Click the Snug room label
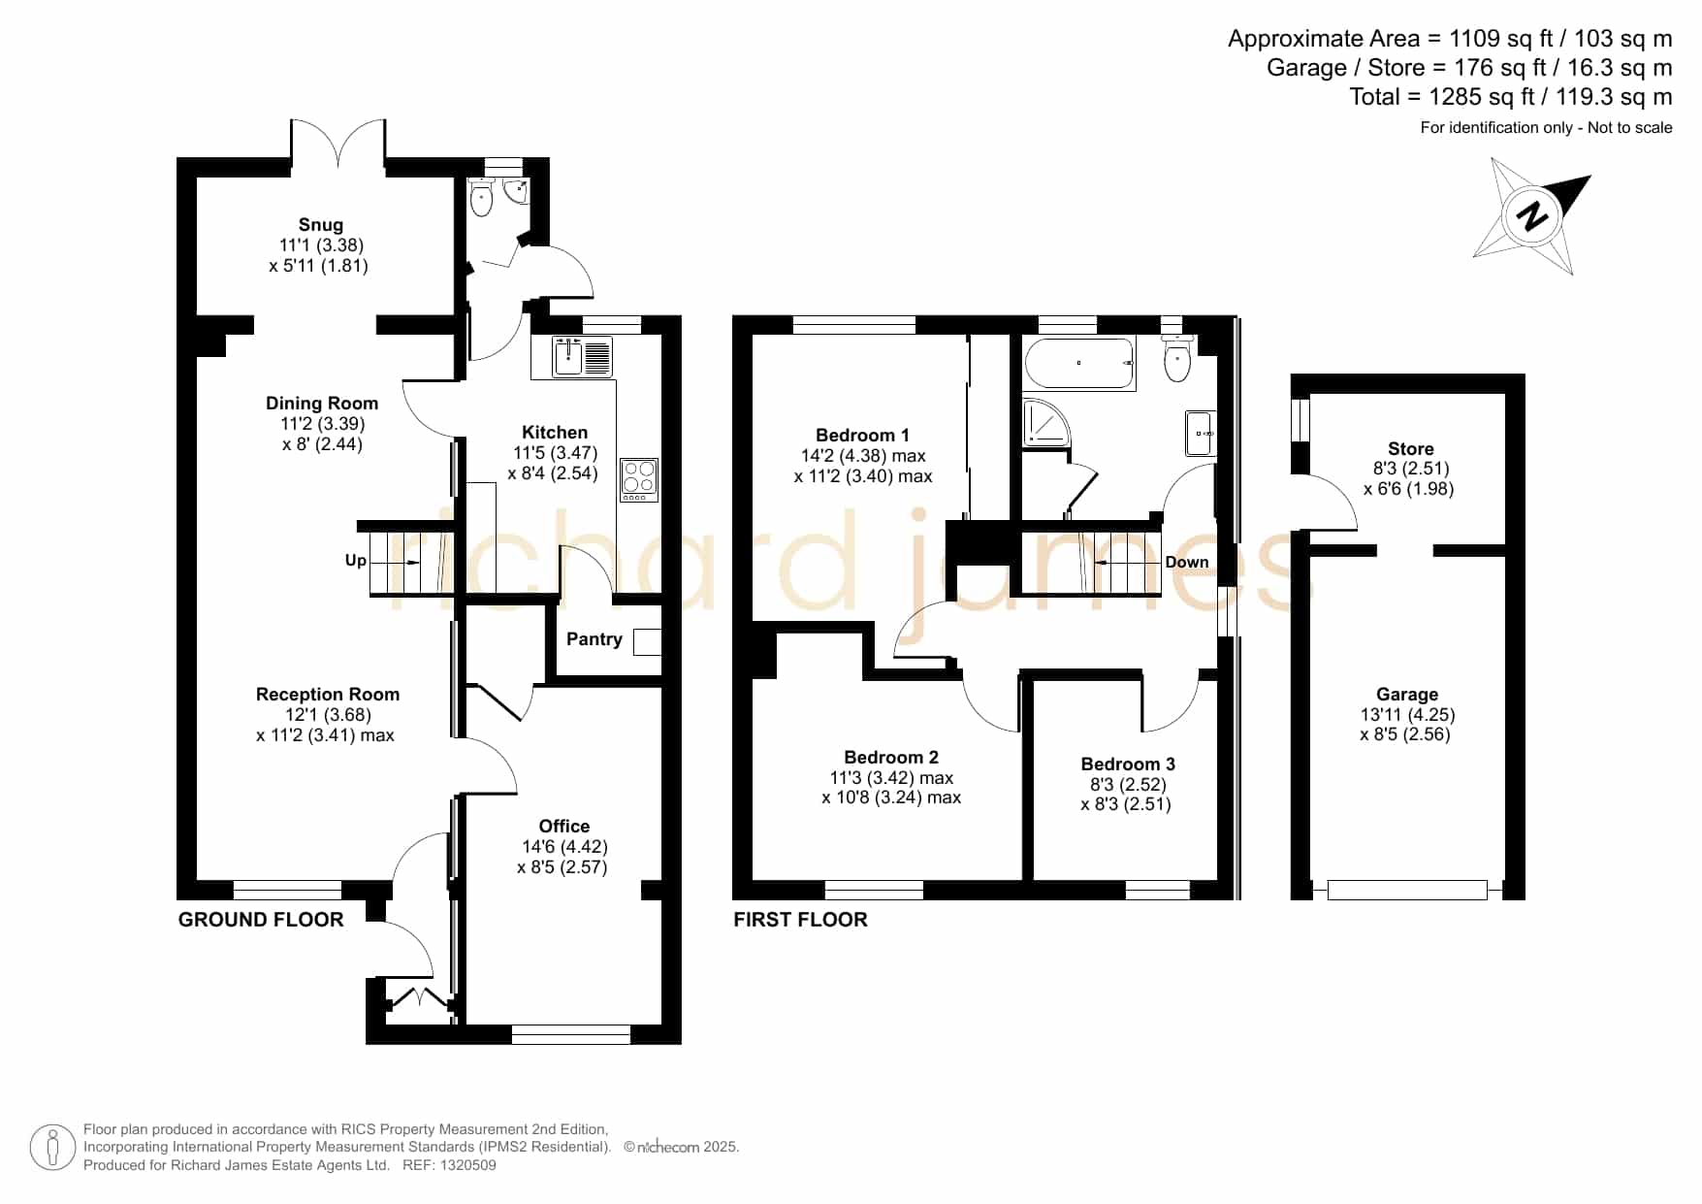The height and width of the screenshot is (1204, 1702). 320,225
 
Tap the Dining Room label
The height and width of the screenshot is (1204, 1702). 322,404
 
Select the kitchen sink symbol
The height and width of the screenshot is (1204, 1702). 582,356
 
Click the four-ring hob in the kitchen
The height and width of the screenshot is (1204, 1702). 639,479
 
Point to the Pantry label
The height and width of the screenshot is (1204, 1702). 594,639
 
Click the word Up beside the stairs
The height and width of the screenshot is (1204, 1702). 356,561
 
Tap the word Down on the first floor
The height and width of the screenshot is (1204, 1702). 1187,563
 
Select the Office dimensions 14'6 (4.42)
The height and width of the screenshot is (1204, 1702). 564,847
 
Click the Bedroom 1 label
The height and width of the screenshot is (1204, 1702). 862,436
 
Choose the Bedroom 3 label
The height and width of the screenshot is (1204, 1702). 1128,765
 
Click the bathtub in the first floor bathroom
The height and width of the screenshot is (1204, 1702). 1079,364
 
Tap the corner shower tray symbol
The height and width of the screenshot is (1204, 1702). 1046,422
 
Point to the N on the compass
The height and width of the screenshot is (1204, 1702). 1533,215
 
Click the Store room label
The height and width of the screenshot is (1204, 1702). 1410,449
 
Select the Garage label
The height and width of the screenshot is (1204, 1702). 1407,695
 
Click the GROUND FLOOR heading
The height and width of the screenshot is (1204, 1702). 261,920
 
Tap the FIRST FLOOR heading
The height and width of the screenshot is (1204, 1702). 800,920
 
